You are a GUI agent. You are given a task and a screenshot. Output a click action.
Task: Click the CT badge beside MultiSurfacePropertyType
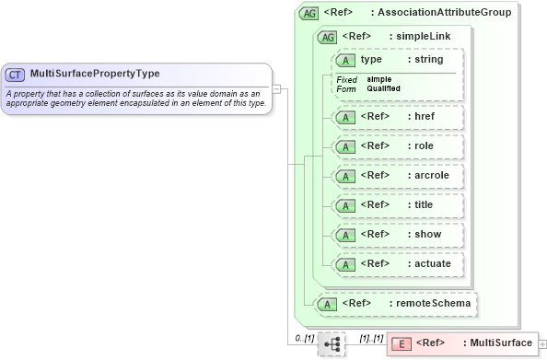coord(16,74)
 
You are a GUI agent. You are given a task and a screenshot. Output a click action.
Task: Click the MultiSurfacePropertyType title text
coord(95,74)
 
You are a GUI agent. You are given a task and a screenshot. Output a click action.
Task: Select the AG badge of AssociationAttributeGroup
coord(309,14)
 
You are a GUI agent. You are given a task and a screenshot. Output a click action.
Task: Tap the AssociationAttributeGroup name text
coord(459,14)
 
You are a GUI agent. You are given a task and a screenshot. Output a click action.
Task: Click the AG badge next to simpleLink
coord(327,37)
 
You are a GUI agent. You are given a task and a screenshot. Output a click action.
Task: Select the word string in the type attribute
coord(425,60)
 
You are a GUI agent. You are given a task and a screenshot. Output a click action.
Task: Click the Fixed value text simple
coord(378,79)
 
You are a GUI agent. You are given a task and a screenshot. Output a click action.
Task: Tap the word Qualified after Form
coord(383,88)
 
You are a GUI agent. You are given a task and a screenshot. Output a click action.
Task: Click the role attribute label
coord(421,146)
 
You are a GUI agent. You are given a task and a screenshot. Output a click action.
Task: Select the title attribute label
coord(422,205)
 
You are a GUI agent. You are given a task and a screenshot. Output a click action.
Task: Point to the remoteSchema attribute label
coord(433,302)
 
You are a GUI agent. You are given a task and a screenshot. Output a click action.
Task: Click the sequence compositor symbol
coord(331,343)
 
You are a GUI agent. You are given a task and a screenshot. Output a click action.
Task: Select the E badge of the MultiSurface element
coord(402,343)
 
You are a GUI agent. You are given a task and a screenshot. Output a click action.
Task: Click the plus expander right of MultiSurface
coord(541,343)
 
